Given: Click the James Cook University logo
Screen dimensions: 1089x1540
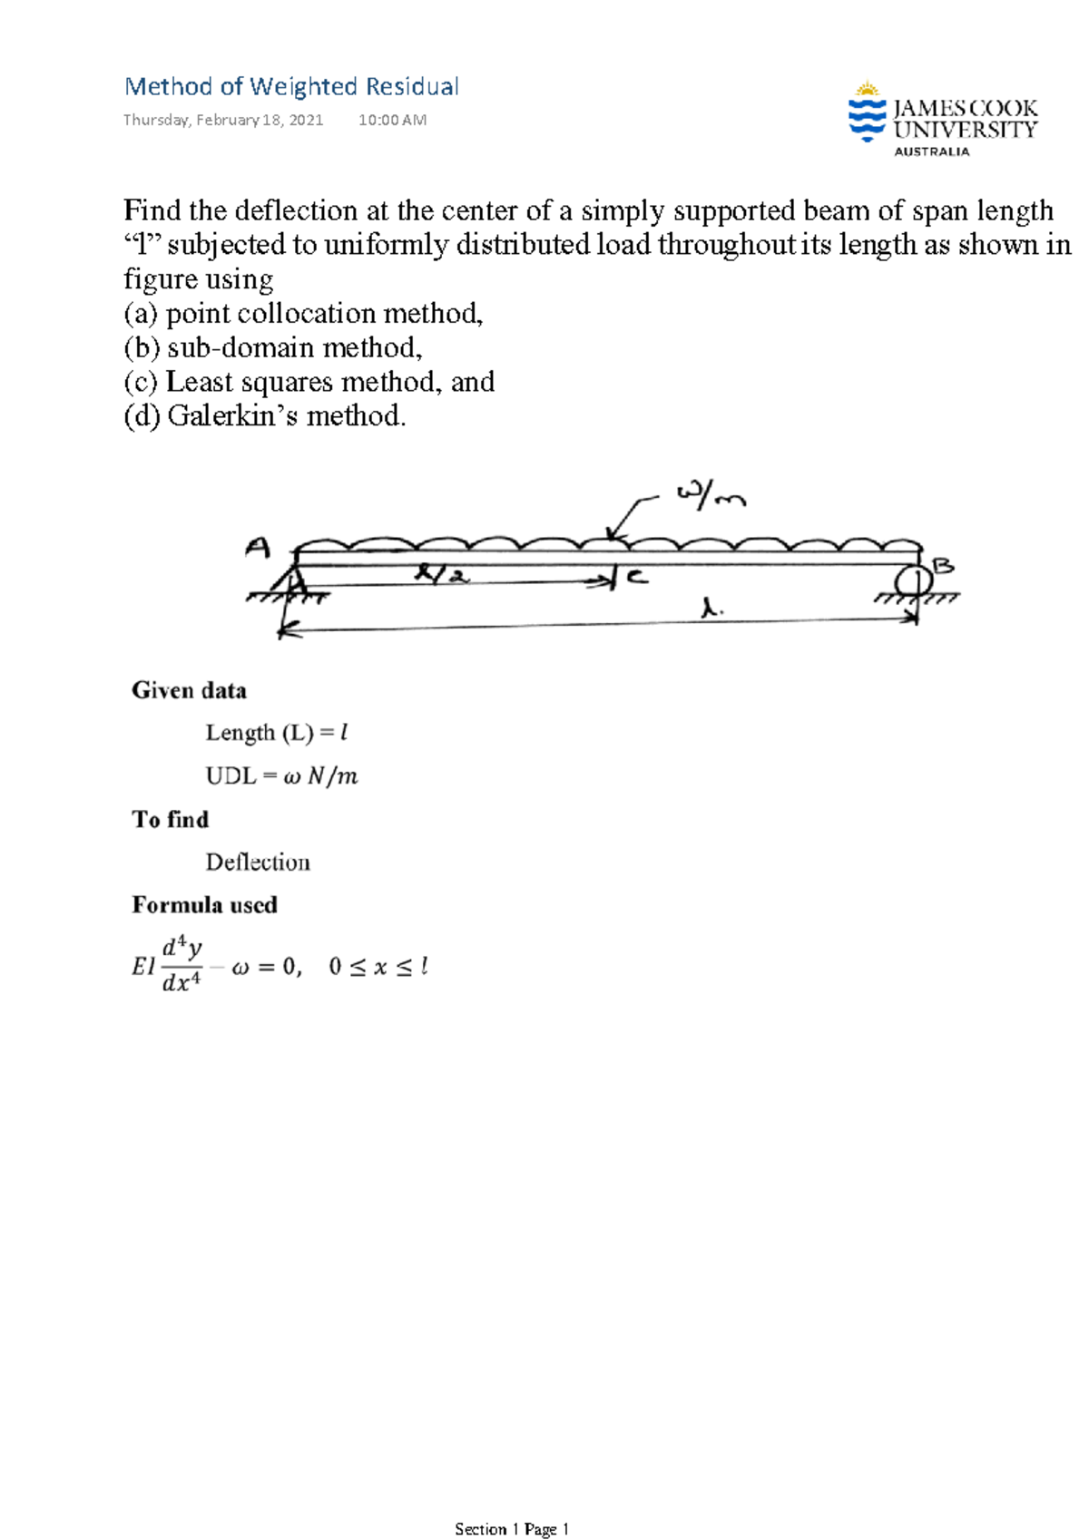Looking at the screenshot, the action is point(942,119).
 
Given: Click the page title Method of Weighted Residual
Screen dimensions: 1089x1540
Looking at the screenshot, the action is point(291,87).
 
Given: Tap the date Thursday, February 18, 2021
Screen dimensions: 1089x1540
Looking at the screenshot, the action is point(223,120).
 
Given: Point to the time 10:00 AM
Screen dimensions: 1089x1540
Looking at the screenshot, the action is point(392,120).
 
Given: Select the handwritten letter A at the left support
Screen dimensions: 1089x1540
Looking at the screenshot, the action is point(258,548).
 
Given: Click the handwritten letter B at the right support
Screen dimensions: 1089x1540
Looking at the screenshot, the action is point(944,567).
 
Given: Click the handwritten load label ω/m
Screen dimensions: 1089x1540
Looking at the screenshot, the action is point(711,496).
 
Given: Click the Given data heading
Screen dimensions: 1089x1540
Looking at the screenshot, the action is point(189,691).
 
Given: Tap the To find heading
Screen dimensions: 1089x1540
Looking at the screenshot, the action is point(171,820).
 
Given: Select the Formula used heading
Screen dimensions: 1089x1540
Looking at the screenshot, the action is point(204,905).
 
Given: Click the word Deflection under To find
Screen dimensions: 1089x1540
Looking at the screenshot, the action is point(258,863).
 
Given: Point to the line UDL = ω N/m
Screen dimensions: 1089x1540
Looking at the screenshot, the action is point(281,776).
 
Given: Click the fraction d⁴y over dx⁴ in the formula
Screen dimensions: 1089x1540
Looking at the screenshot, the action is point(181,966).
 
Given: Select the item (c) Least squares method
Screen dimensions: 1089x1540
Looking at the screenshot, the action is point(309,382).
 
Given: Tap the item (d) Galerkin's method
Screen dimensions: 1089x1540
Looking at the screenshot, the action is point(265,416).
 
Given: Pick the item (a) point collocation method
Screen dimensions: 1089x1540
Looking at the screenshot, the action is point(303,314).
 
